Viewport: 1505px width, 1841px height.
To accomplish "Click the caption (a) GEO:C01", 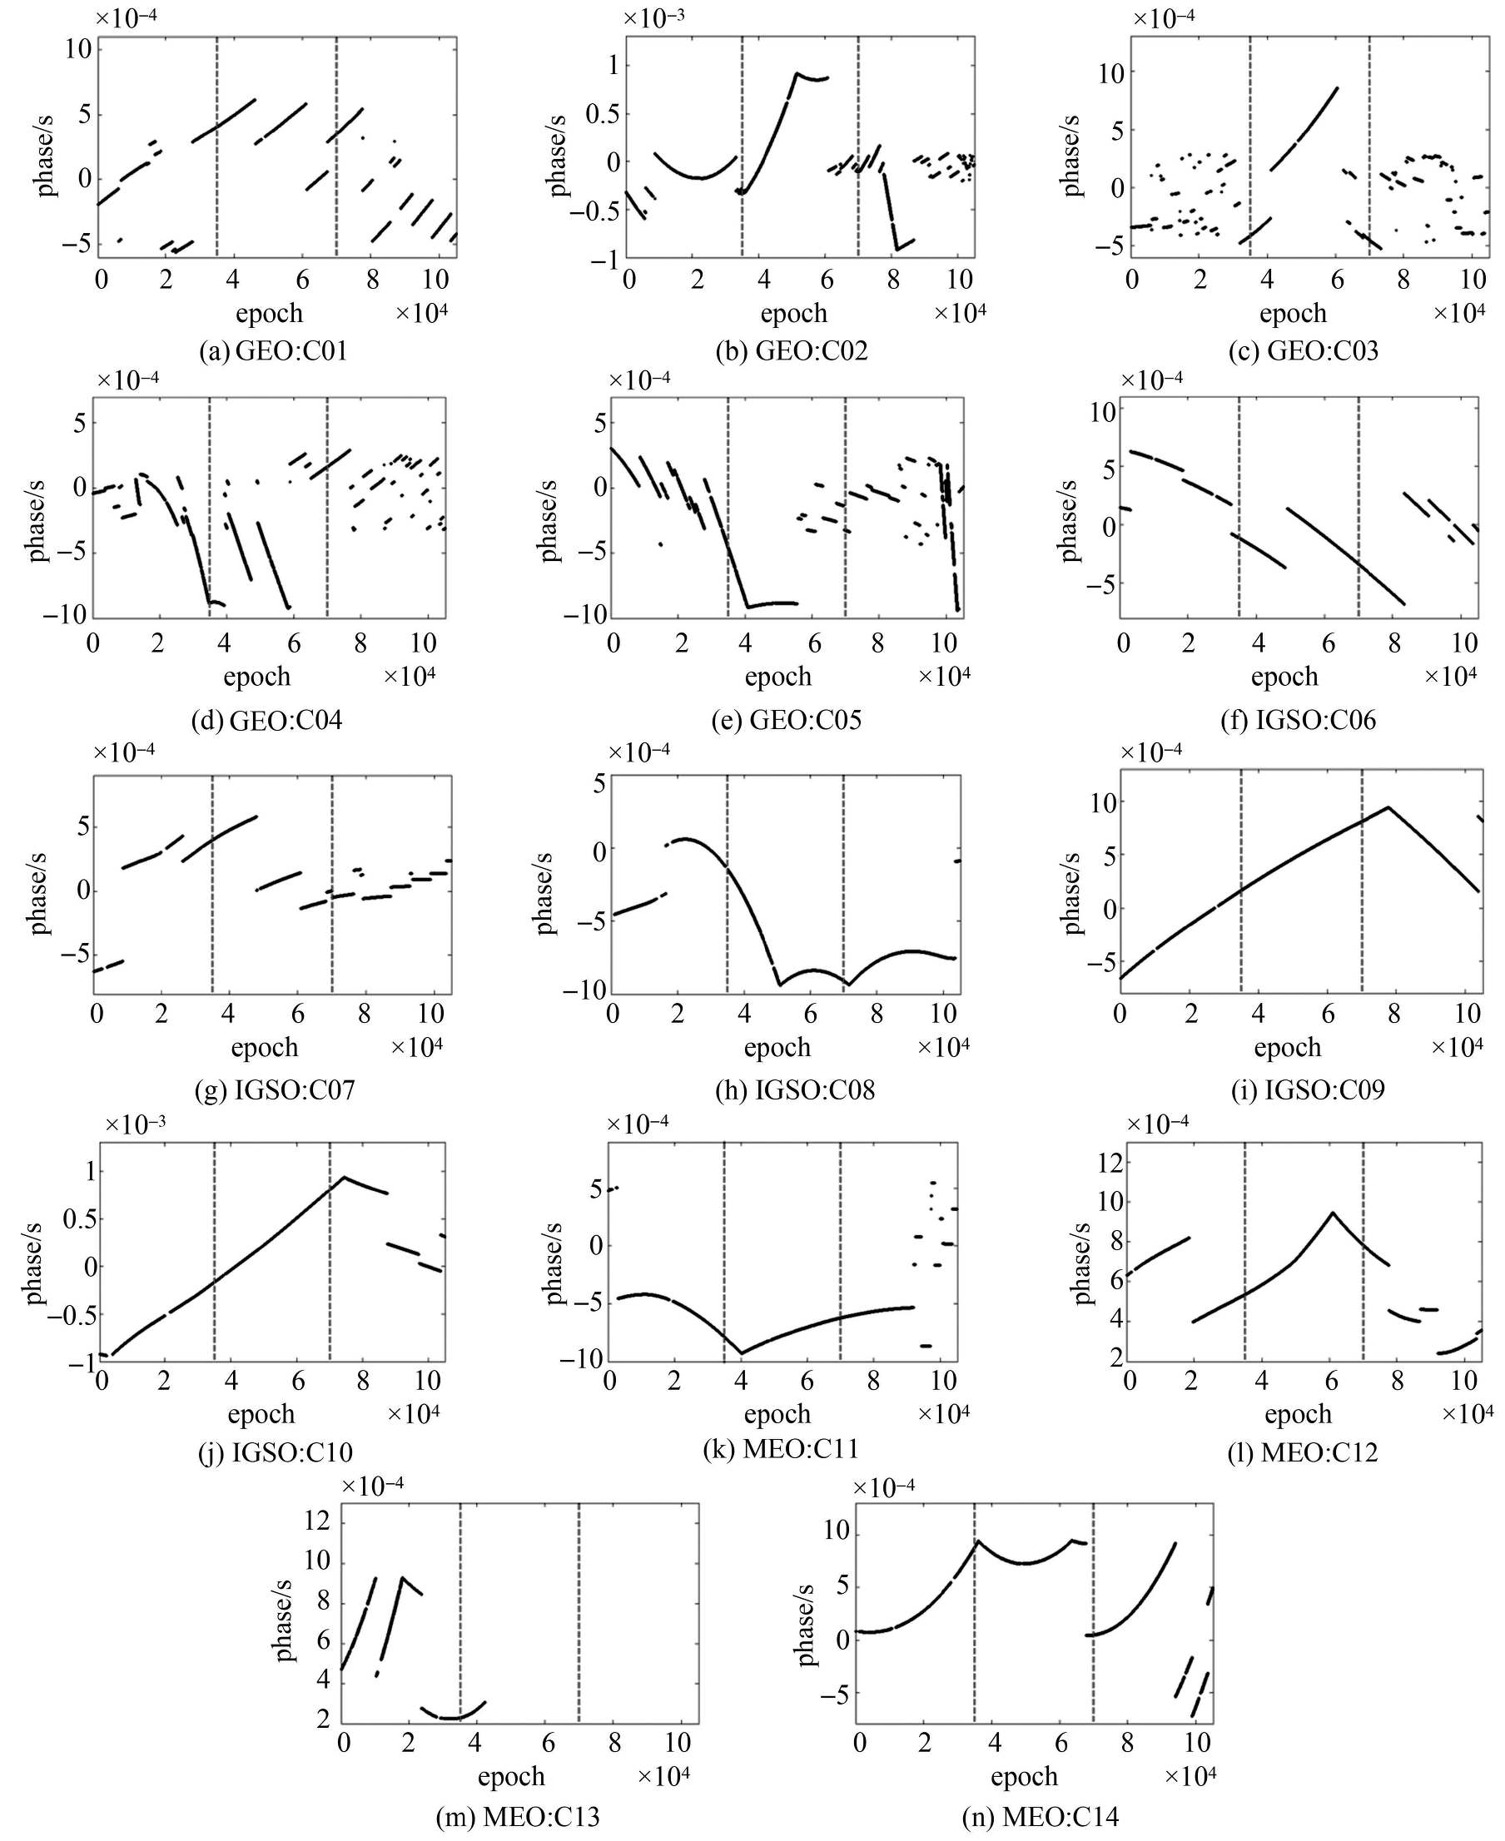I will pos(273,351).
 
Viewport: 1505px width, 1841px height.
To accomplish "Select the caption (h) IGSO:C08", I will pos(795,1089).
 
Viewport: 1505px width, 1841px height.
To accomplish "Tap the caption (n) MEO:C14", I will pos(1041,1816).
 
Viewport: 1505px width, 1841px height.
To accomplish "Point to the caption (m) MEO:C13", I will pos(519,1816).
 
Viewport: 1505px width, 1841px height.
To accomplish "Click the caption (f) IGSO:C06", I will pos(1303,720).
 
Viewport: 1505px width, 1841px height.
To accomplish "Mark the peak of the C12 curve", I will pos(1333,1213).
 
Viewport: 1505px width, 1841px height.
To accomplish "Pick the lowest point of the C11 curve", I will pos(741,1353).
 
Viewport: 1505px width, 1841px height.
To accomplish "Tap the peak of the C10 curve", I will pos(344,1177).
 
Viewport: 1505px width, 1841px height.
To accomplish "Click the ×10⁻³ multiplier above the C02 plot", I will pos(656,17).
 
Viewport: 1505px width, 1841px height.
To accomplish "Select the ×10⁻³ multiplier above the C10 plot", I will pos(134,1124).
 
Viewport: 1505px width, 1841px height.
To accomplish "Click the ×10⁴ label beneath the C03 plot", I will pos(1461,313).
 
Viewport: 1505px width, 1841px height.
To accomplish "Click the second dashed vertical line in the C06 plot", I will pos(1358,507).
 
